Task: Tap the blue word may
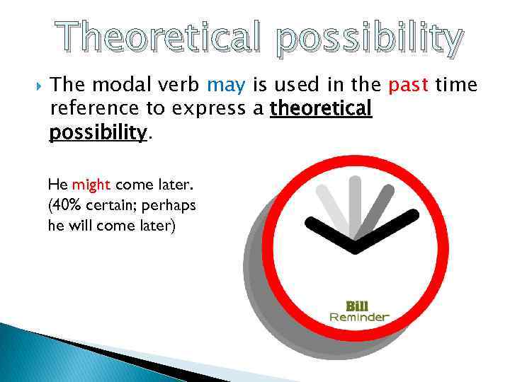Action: pyautogui.click(x=226, y=86)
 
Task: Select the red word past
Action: pyautogui.click(x=409, y=86)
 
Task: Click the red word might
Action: pyautogui.click(x=91, y=185)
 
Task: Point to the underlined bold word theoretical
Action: pyautogui.click(x=321, y=110)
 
